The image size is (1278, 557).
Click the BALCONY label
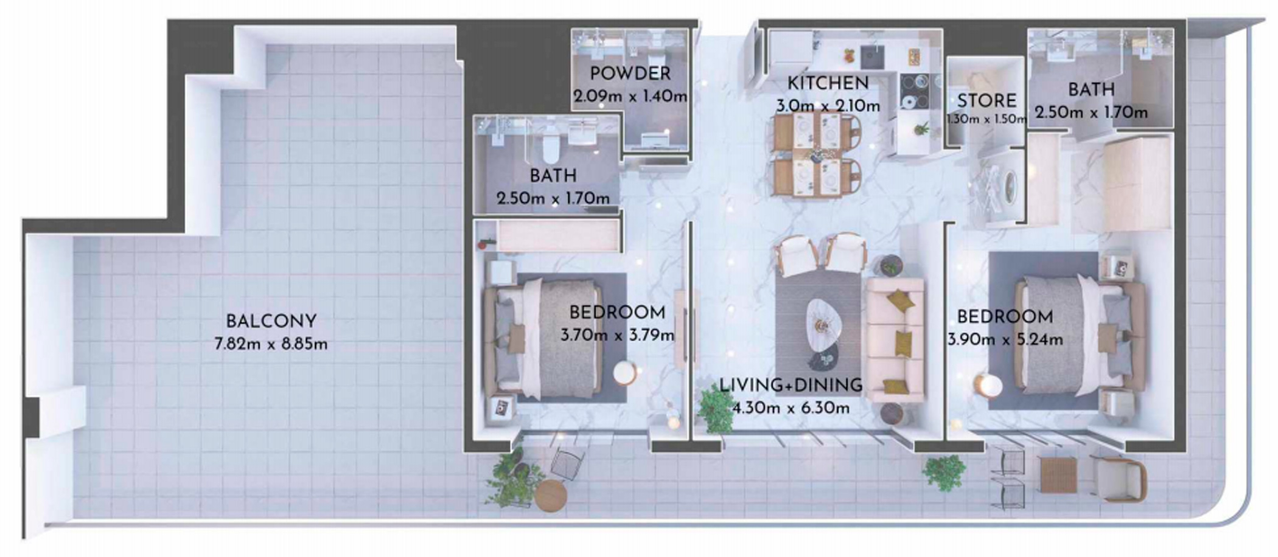coord(271,321)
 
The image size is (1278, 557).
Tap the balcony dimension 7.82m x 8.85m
coord(271,344)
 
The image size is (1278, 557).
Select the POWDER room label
coord(630,74)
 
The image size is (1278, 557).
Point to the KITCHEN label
coord(828,83)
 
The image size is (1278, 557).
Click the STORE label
coord(986,101)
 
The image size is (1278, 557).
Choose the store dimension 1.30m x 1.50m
coord(986,119)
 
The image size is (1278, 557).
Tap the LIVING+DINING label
coord(791,385)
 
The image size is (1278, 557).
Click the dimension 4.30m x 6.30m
coord(791,408)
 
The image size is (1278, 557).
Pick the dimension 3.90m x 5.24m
coord(1005,340)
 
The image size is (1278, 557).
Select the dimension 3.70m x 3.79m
coord(617,335)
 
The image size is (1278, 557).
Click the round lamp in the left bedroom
coord(625,373)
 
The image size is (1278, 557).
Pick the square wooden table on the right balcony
coord(1058,475)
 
